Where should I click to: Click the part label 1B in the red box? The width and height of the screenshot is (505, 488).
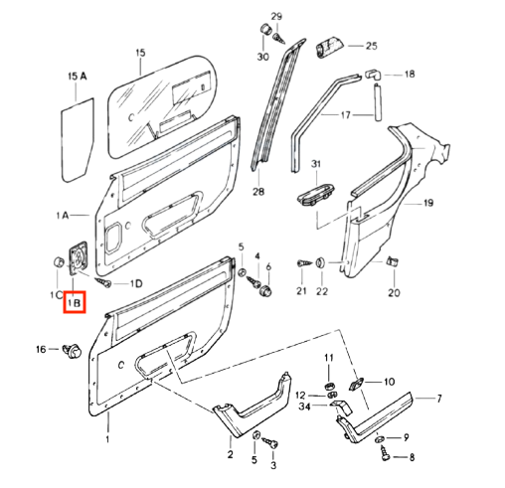(75, 302)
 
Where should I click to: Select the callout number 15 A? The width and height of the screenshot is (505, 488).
(78, 77)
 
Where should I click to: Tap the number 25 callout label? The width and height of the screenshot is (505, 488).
(372, 46)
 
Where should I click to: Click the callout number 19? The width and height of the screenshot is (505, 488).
(428, 203)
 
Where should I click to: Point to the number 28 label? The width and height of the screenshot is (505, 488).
(258, 191)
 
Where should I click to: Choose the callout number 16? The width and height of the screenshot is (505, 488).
(41, 349)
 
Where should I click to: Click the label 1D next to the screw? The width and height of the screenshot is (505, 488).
(136, 283)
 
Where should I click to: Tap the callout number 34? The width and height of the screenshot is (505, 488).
(304, 407)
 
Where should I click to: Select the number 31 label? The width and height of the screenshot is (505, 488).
(316, 164)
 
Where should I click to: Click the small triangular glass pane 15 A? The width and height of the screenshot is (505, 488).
(78, 139)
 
